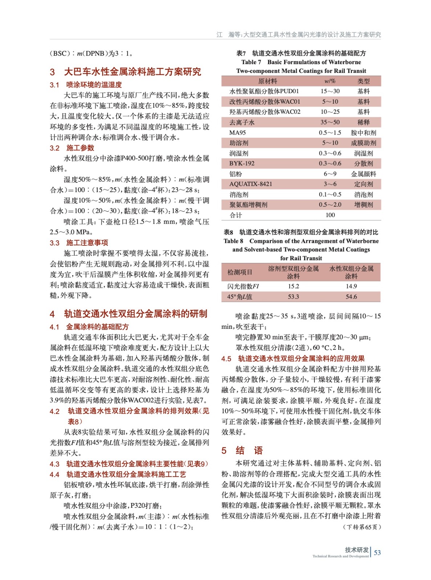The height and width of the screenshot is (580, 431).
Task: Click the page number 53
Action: [x=377, y=552]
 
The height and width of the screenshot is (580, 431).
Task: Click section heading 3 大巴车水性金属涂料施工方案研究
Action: [x=125, y=72]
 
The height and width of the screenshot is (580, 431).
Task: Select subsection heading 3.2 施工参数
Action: [x=72, y=148]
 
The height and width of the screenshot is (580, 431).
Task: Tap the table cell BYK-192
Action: [x=242, y=163]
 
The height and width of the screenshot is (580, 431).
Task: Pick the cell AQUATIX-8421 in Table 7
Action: [x=251, y=184]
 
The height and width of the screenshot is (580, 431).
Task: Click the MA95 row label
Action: [x=237, y=133]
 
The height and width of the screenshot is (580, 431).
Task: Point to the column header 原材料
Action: [x=268, y=81]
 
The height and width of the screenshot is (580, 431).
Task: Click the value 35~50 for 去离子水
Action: [x=330, y=123]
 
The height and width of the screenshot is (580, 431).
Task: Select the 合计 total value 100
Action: [x=330, y=215]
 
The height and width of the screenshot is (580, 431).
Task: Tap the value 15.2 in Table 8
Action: [x=293, y=286]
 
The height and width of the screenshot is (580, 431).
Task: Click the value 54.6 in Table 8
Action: [x=351, y=297]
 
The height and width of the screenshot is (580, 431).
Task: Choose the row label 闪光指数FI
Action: [x=243, y=286]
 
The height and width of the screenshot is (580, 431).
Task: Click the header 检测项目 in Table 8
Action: [x=240, y=272]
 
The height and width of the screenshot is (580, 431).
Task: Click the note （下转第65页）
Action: [x=361, y=527]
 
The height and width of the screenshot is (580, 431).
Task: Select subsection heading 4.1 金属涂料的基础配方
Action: [x=89, y=327]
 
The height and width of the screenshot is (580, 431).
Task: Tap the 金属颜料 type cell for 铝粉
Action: [x=363, y=174]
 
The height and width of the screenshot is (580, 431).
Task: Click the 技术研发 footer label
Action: [x=356, y=550]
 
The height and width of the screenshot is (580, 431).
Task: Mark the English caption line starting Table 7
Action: [x=301, y=62]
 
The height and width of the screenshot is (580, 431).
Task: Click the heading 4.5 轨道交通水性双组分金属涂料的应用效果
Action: [x=293, y=359]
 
